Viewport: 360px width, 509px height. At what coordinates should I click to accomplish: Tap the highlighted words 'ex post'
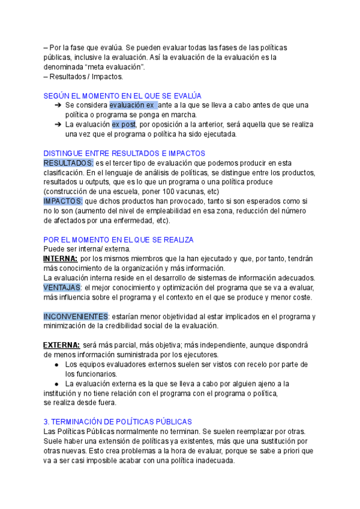click(x=124, y=124)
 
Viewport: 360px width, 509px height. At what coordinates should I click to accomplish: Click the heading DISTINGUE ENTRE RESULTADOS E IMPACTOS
click(x=124, y=153)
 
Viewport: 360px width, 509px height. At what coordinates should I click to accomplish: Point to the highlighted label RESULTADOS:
click(x=68, y=163)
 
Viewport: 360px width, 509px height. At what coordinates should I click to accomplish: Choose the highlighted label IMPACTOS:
click(x=64, y=201)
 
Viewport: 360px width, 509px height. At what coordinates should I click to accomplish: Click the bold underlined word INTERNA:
click(x=61, y=259)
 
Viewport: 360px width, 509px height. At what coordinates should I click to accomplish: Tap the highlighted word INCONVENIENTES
click(x=76, y=316)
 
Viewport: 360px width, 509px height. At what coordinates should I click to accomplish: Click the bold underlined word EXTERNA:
click(x=62, y=345)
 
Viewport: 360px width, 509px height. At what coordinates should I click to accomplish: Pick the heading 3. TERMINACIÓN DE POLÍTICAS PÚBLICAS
click(x=118, y=422)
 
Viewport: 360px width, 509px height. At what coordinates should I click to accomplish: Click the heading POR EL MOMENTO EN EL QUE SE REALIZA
click(x=118, y=239)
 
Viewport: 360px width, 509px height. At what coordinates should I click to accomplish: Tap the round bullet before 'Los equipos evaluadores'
click(x=56, y=364)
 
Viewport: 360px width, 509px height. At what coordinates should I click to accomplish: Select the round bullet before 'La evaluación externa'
click(x=56, y=384)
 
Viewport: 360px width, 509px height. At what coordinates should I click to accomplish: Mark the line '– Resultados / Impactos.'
click(x=83, y=76)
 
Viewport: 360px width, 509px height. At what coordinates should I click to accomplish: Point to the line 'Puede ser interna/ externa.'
click(x=87, y=249)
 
